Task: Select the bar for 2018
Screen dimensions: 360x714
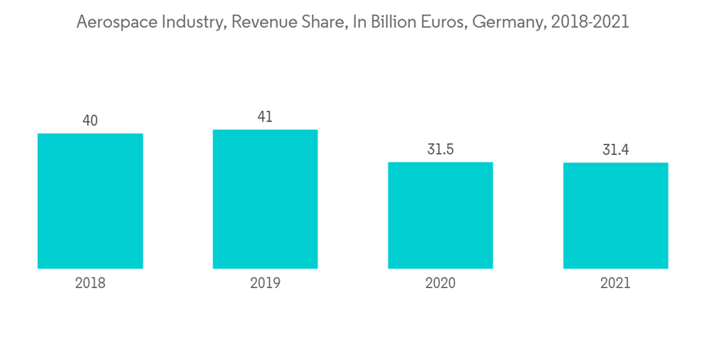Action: point(90,201)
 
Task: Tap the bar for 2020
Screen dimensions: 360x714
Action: point(441,215)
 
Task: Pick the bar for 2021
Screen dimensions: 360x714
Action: point(615,216)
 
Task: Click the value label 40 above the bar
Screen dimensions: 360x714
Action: point(90,121)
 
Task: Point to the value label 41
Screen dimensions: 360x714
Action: point(265,117)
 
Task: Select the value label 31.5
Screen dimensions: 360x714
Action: point(441,150)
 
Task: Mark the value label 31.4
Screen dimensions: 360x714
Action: point(615,150)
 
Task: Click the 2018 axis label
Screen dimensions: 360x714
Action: point(90,283)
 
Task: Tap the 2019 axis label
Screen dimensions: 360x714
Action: point(265,283)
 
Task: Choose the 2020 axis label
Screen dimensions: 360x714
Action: point(441,283)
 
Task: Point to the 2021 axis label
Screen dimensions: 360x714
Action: point(615,283)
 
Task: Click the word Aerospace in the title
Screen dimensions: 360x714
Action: point(111,22)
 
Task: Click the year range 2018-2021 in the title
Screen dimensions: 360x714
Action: point(590,22)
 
